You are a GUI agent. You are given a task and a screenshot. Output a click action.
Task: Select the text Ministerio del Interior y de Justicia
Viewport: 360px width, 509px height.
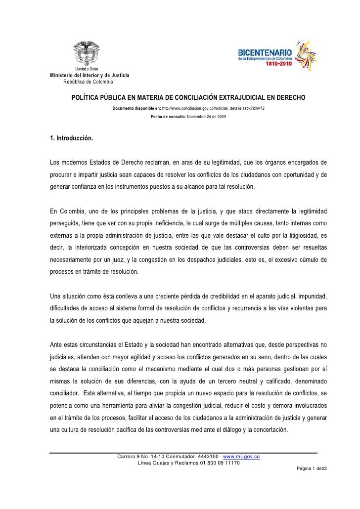(x=90, y=75)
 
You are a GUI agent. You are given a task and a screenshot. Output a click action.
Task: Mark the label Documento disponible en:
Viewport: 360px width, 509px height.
(x=140, y=108)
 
